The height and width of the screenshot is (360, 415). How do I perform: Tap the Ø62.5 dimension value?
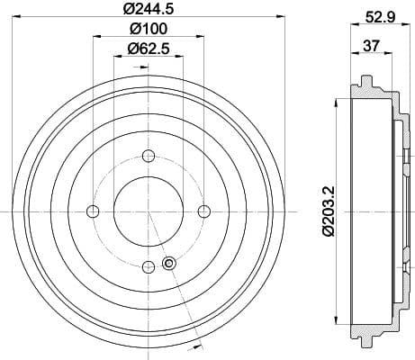(x=148, y=49)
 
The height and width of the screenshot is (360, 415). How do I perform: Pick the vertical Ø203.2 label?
(x=329, y=210)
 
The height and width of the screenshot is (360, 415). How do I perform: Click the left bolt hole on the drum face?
(x=93, y=211)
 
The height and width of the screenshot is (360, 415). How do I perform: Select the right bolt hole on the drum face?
(x=203, y=211)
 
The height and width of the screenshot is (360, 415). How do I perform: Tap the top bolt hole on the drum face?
(x=149, y=155)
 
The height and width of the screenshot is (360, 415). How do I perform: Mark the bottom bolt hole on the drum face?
(x=149, y=265)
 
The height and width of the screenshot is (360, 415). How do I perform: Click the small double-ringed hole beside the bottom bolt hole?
(x=167, y=263)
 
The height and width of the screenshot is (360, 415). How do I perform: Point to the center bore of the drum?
(x=149, y=211)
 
